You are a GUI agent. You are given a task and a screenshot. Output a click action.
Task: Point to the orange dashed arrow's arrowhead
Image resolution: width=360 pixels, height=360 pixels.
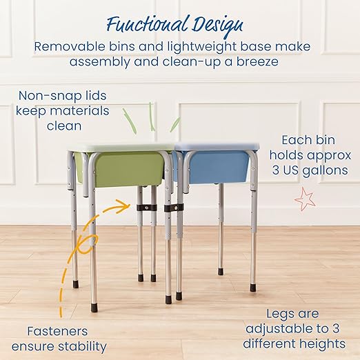click(127, 204)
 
